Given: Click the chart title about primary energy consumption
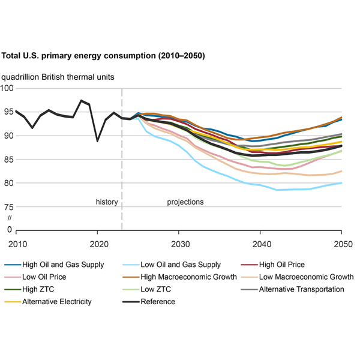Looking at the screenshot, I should (x=103, y=56).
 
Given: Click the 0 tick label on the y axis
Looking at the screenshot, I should (x=9, y=230).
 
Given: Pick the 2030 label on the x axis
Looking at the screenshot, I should (x=179, y=245).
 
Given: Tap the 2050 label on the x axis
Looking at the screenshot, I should (x=341, y=245).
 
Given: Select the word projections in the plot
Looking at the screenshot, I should (x=185, y=202).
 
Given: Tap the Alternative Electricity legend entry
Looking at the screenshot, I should (x=56, y=301).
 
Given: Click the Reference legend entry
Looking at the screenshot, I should (x=158, y=301).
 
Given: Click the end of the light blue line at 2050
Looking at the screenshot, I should (x=342, y=183).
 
